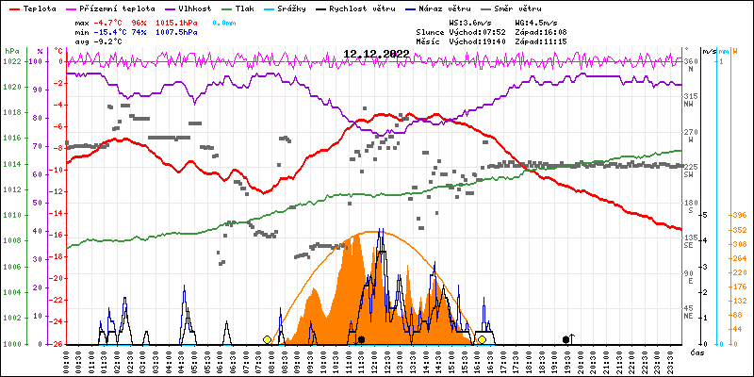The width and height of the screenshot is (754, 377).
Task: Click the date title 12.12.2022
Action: pos(376,54)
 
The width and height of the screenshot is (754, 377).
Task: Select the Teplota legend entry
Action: pos(39,8)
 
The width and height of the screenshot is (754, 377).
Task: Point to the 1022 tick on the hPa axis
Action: pos(11,61)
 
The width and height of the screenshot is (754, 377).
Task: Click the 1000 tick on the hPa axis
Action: pos(11,344)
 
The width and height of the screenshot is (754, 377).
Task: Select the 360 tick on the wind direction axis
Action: pos(690,61)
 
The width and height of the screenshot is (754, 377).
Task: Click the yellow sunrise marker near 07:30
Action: pos(268,339)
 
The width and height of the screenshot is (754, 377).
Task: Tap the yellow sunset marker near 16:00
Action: pos(482,339)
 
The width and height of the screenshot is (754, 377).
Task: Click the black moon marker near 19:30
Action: pos(565,339)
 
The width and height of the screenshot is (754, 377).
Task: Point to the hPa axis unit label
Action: pos(11,51)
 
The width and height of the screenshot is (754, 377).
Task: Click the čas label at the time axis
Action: pos(697,352)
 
